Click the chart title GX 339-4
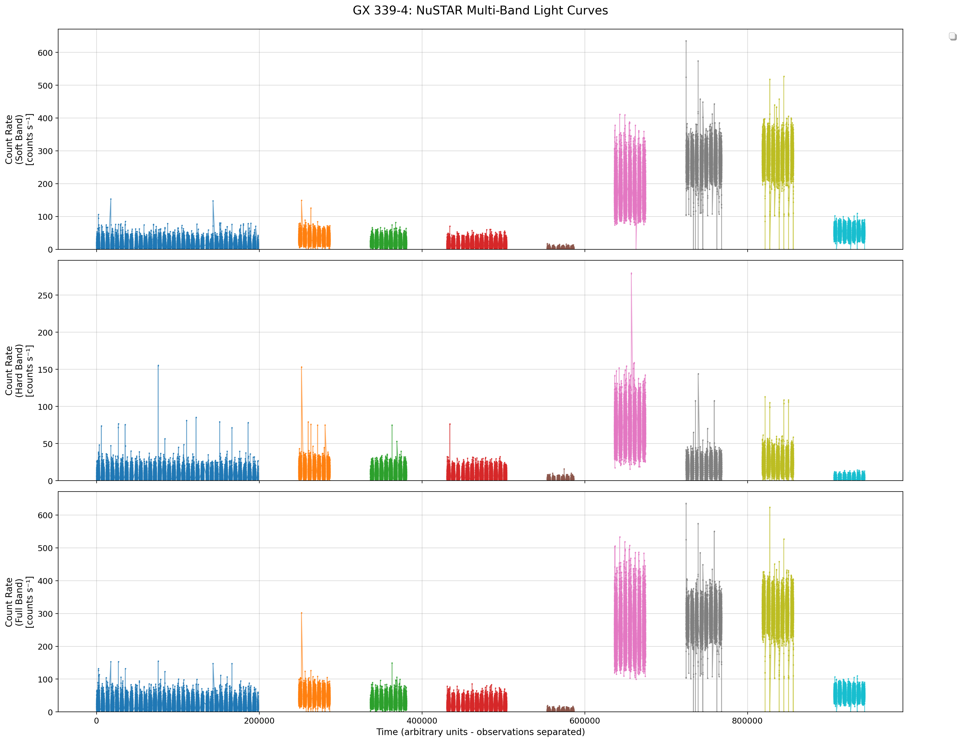click(480, 11)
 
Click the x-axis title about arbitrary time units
click(480, 732)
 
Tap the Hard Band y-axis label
click(19, 371)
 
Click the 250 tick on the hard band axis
click(45, 296)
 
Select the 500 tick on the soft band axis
click(45, 85)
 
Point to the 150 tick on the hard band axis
click(45, 370)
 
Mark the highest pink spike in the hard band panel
click(631, 273)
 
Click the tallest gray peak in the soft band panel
click(686, 41)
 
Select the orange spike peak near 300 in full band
click(302, 613)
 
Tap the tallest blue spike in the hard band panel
click(158, 365)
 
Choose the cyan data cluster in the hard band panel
click(849, 476)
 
